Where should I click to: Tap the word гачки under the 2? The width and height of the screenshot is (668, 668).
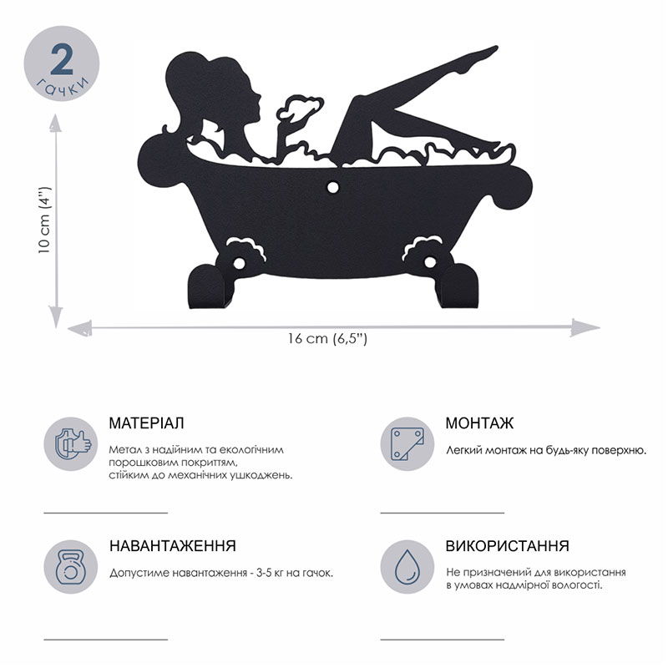point(63,87)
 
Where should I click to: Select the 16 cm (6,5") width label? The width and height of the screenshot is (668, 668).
point(326,339)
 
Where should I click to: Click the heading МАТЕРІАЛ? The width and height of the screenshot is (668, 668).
point(147,423)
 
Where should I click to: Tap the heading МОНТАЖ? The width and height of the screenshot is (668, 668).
point(479,423)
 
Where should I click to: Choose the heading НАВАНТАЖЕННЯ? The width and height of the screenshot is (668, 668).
point(173,546)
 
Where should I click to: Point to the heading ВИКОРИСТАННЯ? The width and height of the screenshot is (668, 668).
point(508,546)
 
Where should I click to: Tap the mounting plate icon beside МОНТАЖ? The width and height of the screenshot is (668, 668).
point(407,444)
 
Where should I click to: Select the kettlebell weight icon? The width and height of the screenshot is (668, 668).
point(71,567)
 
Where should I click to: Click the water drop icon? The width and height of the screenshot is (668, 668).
point(407,567)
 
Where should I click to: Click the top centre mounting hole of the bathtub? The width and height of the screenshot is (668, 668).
point(332,187)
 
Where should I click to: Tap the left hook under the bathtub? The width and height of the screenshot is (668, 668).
point(209,286)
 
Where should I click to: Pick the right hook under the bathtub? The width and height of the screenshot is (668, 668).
point(458,286)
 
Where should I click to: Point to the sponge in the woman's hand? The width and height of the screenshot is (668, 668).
point(300,107)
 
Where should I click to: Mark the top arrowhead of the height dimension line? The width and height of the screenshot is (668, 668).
point(55,124)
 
